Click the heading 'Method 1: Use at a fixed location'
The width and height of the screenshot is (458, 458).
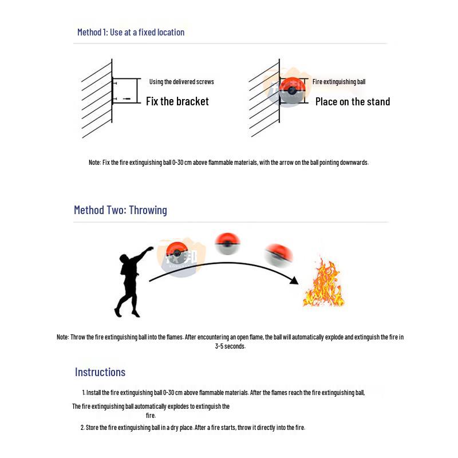131,33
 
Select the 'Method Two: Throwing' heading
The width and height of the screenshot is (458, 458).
120,210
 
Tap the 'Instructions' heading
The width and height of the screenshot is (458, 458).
100,372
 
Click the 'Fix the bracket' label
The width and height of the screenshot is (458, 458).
177,101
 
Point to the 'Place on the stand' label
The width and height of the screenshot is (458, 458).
352,102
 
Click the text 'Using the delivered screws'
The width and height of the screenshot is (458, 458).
181,82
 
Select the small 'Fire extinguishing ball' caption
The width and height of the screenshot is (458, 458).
338,82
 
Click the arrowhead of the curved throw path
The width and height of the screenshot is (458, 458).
294,281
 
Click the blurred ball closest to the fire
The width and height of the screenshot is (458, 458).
279,254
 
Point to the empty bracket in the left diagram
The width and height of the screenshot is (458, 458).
126,90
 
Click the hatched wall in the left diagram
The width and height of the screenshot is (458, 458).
96,98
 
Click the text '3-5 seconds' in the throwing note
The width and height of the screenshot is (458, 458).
230,346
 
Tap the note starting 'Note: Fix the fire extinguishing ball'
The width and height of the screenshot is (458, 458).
228,163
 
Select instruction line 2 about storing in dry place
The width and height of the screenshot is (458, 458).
193,428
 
